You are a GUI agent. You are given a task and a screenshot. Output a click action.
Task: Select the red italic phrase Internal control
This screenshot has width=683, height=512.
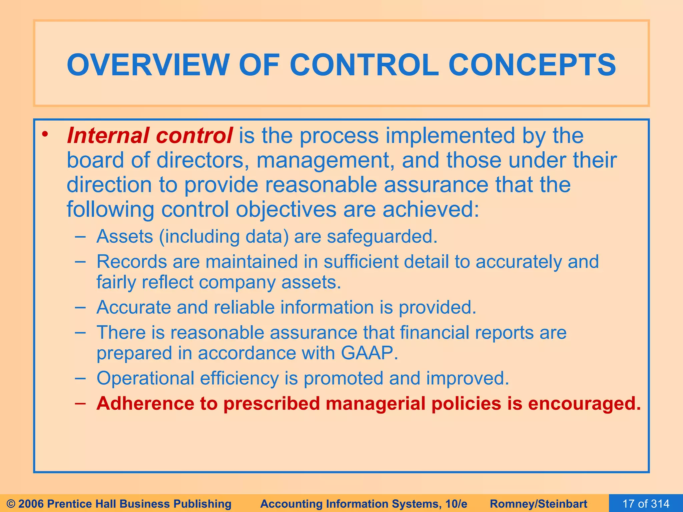tap(149, 136)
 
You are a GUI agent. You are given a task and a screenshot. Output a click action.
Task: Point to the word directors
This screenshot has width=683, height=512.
tap(200, 160)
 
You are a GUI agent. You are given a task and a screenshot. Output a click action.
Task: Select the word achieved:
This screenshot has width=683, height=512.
tap(431, 209)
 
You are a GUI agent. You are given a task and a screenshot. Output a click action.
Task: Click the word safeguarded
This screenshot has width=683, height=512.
tap(382, 237)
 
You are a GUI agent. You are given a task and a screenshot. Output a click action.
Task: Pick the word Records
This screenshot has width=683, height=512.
tap(132, 262)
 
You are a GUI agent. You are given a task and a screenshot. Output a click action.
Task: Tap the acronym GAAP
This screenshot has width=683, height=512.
tap(369, 353)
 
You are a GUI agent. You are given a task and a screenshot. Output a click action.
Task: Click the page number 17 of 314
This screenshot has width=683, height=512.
tap(646, 504)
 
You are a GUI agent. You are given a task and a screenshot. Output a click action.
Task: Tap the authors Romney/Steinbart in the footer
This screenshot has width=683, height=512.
tap(539, 504)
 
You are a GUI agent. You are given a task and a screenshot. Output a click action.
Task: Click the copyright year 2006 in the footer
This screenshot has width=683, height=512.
tap(32, 504)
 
